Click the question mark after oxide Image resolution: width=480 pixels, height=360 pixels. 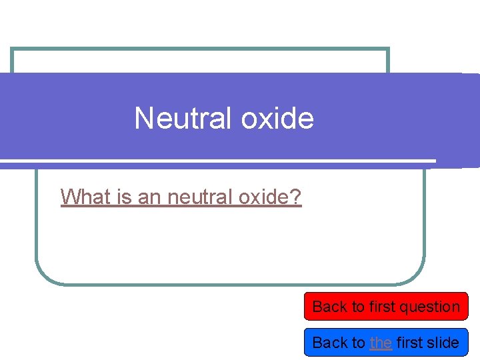click(296, 197)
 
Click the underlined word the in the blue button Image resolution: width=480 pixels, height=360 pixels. click(381, 343)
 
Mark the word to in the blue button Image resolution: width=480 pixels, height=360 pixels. click(358, 343)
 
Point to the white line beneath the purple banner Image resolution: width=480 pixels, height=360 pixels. click(220, 161)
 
